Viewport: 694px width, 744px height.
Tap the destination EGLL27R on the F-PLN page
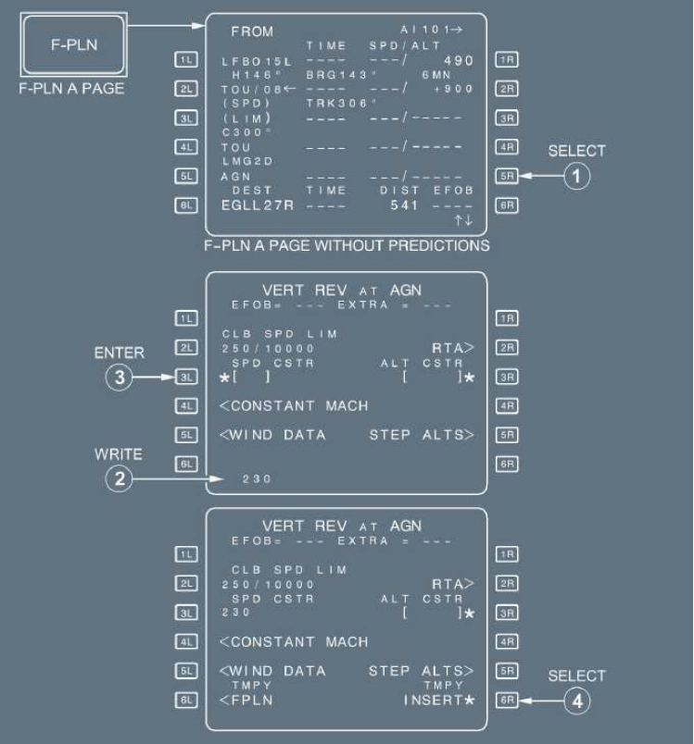(x=257, y=205)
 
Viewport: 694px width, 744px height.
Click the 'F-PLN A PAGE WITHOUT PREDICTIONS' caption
(x=347, y=245)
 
